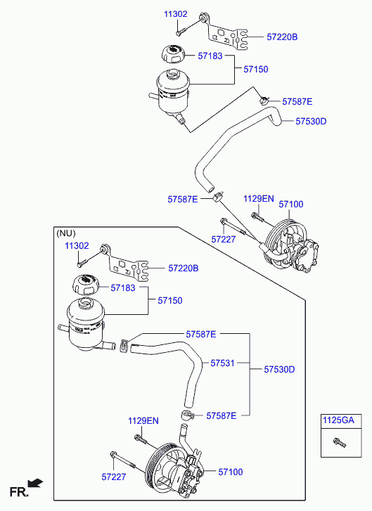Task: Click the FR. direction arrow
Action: click(35, 483)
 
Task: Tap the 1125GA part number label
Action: click(338, 420)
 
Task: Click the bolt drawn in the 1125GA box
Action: click(340, 442)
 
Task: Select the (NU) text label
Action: click(66, 233)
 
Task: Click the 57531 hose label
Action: click(222, 363)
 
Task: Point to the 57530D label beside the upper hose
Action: click(311, 121)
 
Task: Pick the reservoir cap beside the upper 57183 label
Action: click(173, 54)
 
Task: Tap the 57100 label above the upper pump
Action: click(291, 205)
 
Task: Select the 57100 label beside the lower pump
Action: click(231, 472)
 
